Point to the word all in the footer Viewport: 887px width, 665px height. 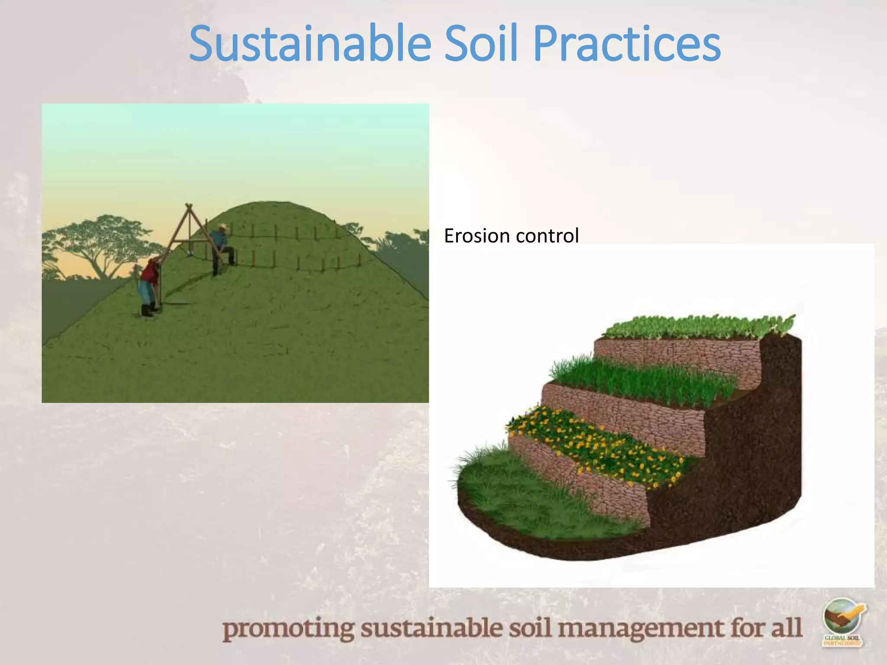coord(786,628)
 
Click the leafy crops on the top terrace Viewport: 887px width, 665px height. coord(697,327)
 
